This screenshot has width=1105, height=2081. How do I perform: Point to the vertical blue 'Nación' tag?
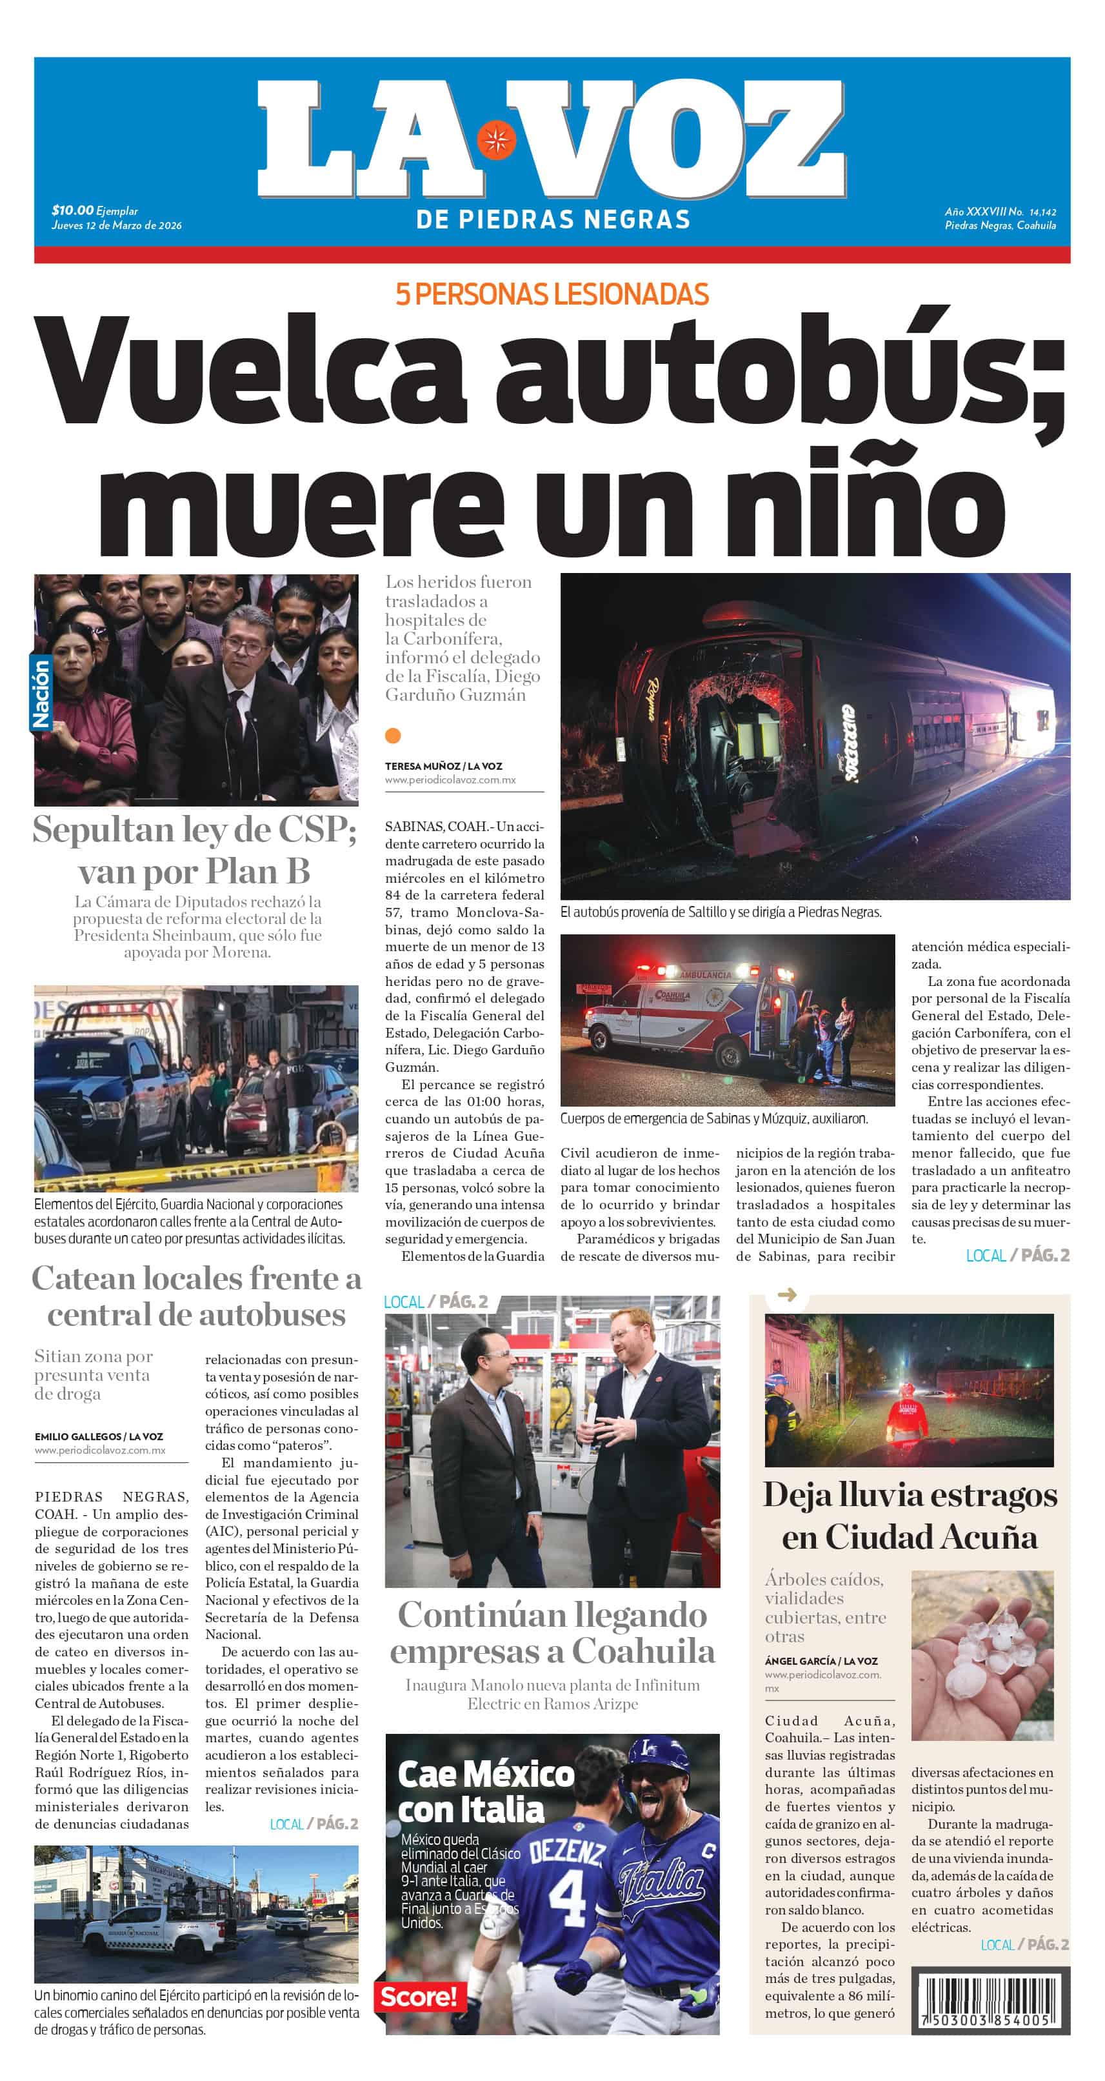(x=41, y=692)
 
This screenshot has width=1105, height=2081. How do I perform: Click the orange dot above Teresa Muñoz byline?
(x=393, y=735)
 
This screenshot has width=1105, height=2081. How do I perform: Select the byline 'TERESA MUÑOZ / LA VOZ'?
(x=443, y=766)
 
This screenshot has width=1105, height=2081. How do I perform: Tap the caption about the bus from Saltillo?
(x=721, y=912)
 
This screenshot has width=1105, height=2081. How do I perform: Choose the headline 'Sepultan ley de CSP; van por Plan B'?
(x=195, y=850)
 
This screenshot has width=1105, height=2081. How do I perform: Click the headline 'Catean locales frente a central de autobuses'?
(x=196, y=1296)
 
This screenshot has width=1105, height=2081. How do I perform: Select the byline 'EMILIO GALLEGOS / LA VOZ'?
(x=99, y=1436)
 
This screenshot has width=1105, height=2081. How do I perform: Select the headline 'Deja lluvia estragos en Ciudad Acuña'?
(x=910, y=1516)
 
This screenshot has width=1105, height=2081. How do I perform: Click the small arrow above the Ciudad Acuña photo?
(x=786, y=1295)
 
